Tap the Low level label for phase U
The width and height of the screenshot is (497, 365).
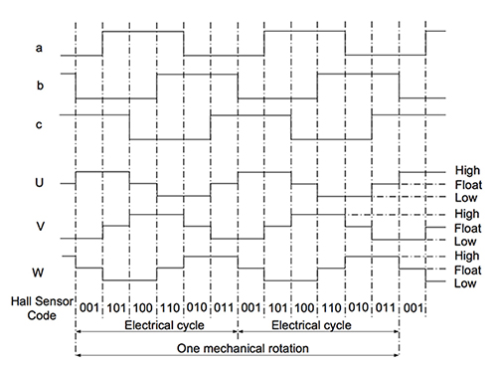click(x=465, y=198)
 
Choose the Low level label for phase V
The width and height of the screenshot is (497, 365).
click(x=465, y=241)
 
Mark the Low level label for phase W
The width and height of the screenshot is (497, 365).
click(x=465, y=283)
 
